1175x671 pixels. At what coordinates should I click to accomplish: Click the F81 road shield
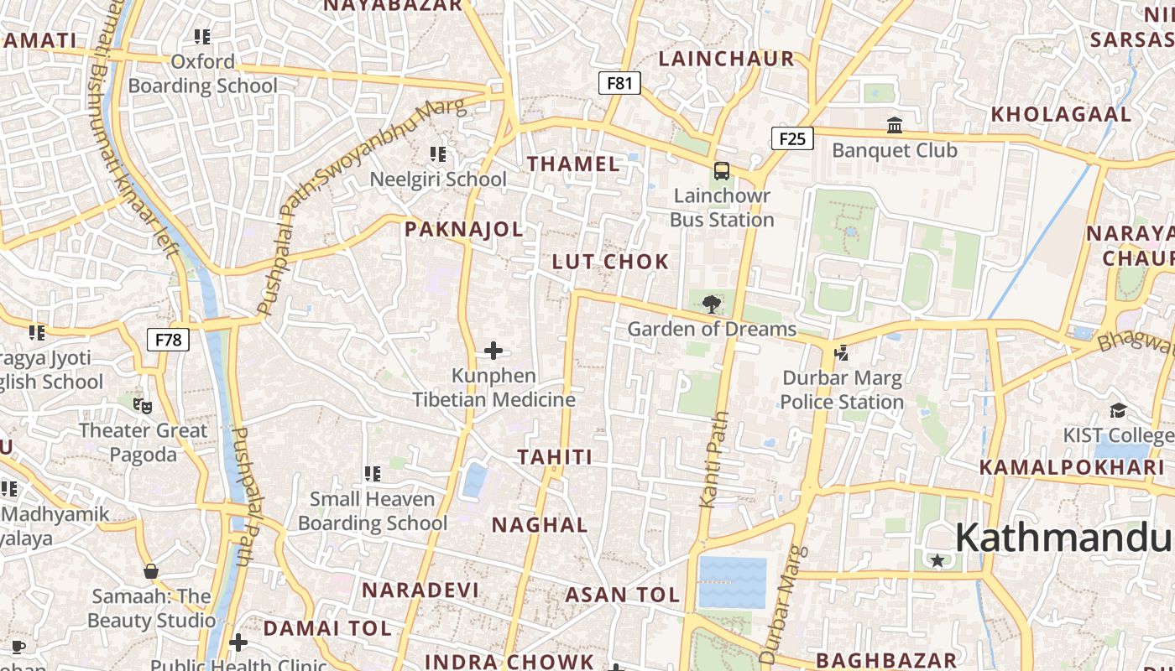[619, 82]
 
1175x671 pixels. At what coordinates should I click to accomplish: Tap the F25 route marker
[792, 138]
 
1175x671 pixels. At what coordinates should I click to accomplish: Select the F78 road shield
[169, 340]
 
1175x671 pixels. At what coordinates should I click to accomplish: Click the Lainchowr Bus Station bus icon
[721, 171]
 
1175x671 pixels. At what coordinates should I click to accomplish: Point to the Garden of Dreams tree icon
[712, 304]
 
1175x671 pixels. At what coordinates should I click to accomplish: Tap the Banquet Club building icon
[895, 126]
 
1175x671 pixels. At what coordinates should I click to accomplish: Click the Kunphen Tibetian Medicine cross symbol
[493, 351]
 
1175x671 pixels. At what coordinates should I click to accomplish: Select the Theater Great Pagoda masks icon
[143, 406]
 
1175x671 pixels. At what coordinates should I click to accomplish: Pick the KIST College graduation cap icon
[1118, 410]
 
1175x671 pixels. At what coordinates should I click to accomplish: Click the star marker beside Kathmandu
[937, 560]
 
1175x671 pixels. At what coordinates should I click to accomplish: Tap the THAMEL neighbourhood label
[574, 164]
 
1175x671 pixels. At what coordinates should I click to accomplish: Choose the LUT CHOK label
[610, 262]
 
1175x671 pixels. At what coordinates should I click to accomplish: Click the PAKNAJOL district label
[463, 229]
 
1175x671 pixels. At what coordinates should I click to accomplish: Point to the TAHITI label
[555, 457]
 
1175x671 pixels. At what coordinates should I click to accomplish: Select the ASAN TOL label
[622, 595]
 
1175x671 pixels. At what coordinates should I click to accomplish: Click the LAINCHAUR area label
[726, 59]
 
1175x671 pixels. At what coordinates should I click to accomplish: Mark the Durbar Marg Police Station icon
[841, 353]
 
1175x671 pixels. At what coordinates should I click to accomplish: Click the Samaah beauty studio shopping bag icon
[151, 571]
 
